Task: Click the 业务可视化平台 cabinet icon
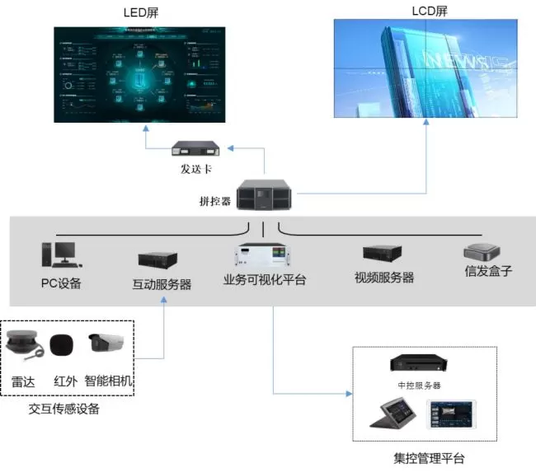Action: (x=265, y=256)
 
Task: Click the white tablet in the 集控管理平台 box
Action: (x=451, y=415)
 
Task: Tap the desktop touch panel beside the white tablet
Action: (x=394, y=415)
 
